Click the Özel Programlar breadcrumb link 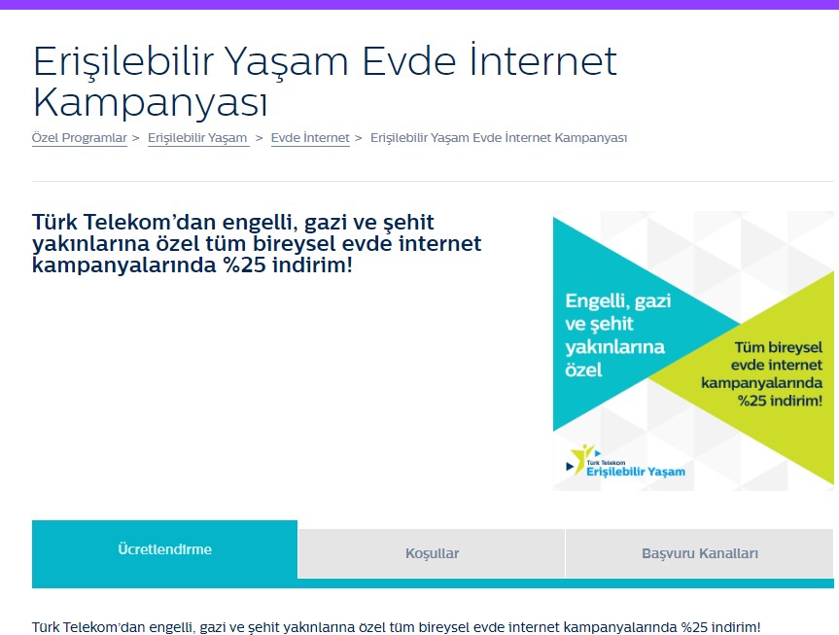click(x=79, y=138)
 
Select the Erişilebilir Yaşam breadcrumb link click(x=197, y=138)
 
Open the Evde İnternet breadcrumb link click(x=310, y=138)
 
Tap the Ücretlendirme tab click(x=165, y=549)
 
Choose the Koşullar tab click(x=432, y=553)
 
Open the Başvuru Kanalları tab click(x=700, y=553)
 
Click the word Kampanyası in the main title click(x=150, y=102)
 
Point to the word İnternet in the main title click(x=543, y=60)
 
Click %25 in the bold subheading click(x=245, y=265)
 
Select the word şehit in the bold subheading click(x=408, y=223)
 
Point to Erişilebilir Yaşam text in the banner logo click(x=636, y=472)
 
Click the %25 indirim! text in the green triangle click(x=780, y=401)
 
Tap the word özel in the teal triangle click(x=583, y=370)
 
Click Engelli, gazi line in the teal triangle click(x=618, y=300)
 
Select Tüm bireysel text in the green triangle click(x=779, y=347)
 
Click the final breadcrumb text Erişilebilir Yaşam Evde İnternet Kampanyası click(x=499, y=138)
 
